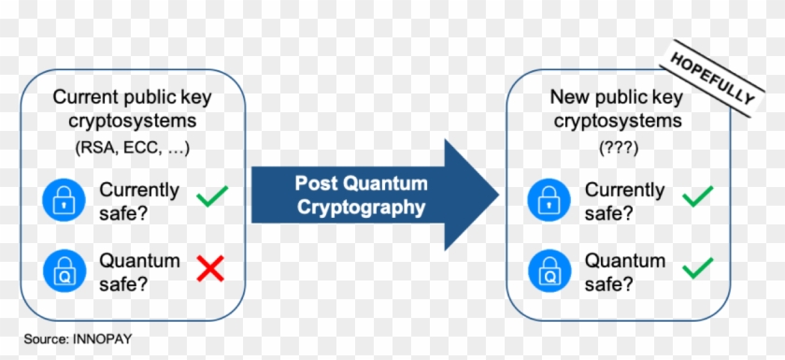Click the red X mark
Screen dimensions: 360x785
[x=211, y=269]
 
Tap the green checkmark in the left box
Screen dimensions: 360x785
[x=212, y=196]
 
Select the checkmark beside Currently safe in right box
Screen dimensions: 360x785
[x=697, y=196]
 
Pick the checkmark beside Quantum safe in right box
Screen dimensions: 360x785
[x=697, y=269]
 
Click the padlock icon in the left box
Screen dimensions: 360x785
[x=61, y=198]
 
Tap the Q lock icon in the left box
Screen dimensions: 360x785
[x=61, y=270]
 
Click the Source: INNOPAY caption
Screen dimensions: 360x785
[x=72, y=338]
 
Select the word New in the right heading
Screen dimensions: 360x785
[x=567, y=97]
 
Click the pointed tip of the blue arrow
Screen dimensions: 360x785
[x=498, y=194]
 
